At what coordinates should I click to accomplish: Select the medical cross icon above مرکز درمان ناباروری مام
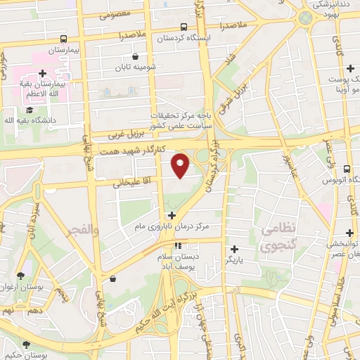pyautogui.click(x=172, y=214)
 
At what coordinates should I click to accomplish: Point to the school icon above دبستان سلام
pyautogui.click(x=178, y=246)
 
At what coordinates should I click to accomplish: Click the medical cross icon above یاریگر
pyautogui.click(x=235, y=248)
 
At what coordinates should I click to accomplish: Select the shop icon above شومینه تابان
pyautogui.click(x=136, y=56)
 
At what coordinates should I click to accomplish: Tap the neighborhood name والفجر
pyautogui.click(x=77, y=229)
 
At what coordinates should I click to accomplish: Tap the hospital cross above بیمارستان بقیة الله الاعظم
pyautogui.click(x=42, y=73)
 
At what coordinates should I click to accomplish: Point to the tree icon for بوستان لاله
pyautogui.click(x=27, y=345)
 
